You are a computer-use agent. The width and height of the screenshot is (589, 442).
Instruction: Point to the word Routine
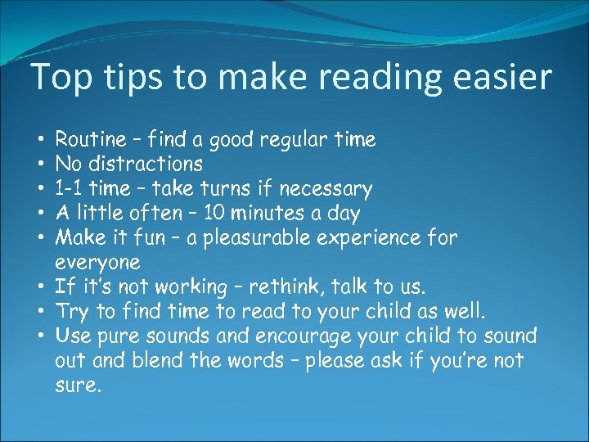(90, 140)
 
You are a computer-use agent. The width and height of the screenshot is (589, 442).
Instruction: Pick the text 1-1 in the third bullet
(70, 189)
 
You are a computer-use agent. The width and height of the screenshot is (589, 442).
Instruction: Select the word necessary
(326, 190)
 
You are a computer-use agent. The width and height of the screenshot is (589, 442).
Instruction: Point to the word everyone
(97, 264)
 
